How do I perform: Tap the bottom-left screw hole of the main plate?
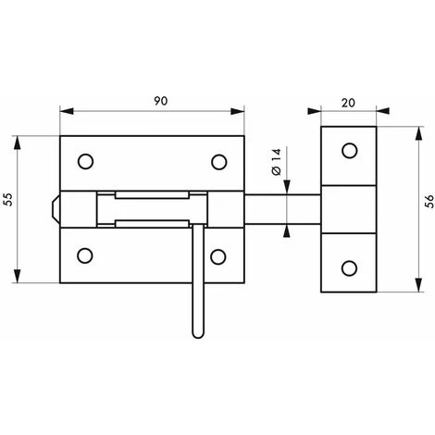pos(85,255)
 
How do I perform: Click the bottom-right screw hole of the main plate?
pos(219,255)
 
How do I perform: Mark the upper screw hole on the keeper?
pos(349,151)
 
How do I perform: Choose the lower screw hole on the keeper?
pos(349,267)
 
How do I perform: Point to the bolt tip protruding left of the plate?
pos(55,209)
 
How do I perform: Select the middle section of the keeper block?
pos(349,209)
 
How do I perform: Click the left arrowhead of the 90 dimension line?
pos(64,110)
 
